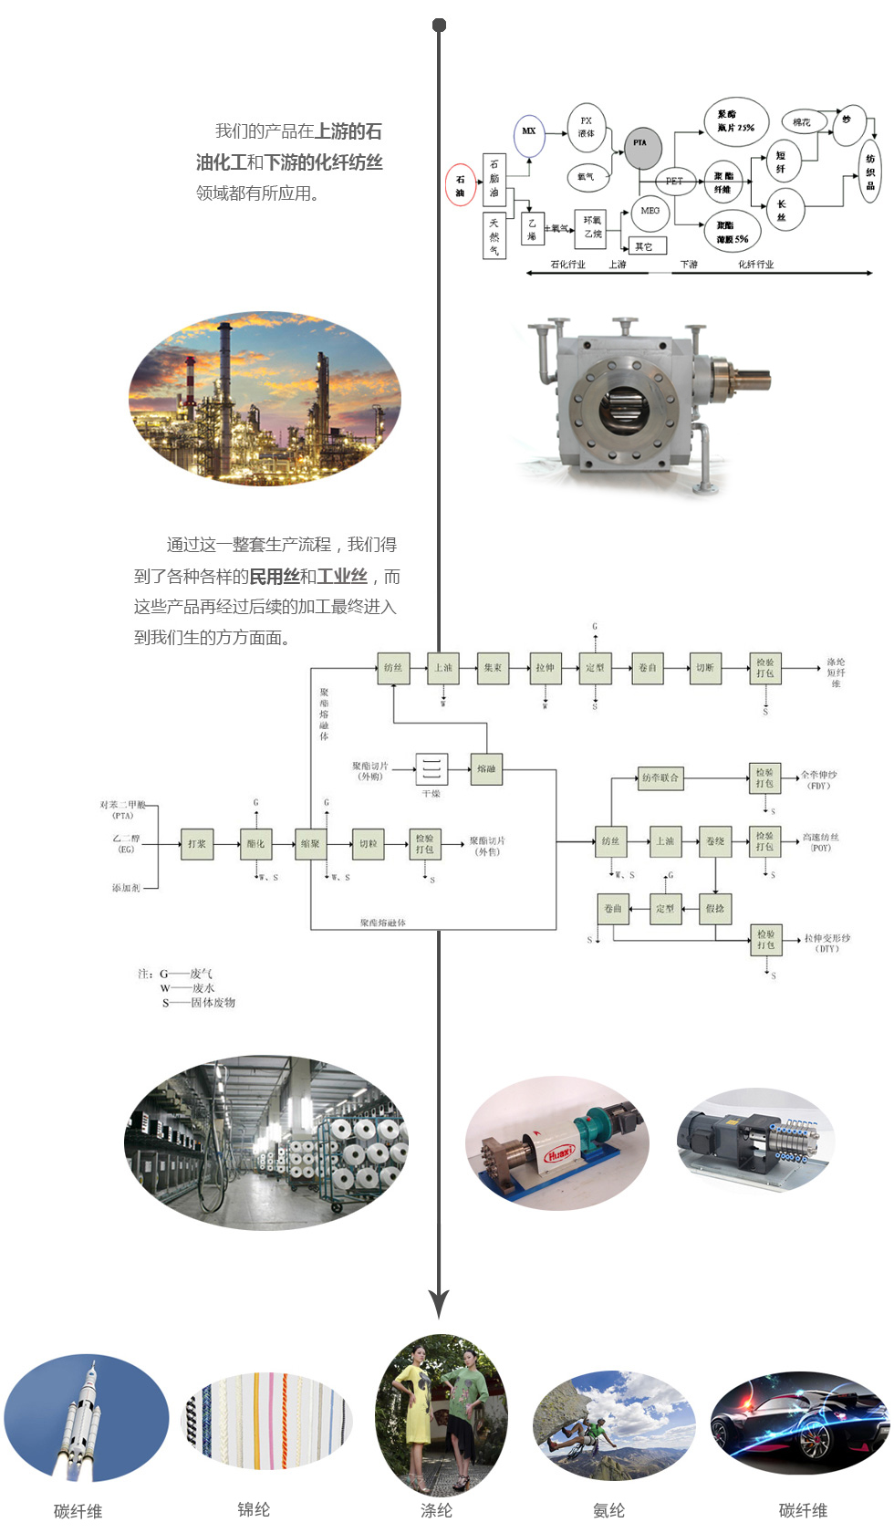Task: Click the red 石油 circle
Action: point(460,185)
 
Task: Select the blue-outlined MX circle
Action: point(529,133)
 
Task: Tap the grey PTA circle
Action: point(642,147)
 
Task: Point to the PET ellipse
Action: point(674,181)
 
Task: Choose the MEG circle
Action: point(650,211)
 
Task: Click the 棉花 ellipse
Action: point(802,122)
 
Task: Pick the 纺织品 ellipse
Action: point(870,172)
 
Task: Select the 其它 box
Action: point(647,246)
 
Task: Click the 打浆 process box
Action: point(197,844)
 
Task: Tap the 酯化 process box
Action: point(255,844)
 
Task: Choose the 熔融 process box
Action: point(486,768)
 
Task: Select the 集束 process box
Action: point(493,668)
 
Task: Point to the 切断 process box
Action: point(705,668)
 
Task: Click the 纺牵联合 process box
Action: point(660,777)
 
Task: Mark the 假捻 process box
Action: point(715,909)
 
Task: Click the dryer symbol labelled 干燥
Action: point(431,768)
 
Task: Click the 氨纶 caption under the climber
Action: point(608,1509)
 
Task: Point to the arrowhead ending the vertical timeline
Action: point(439,1303)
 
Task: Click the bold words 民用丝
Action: point(275,577)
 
